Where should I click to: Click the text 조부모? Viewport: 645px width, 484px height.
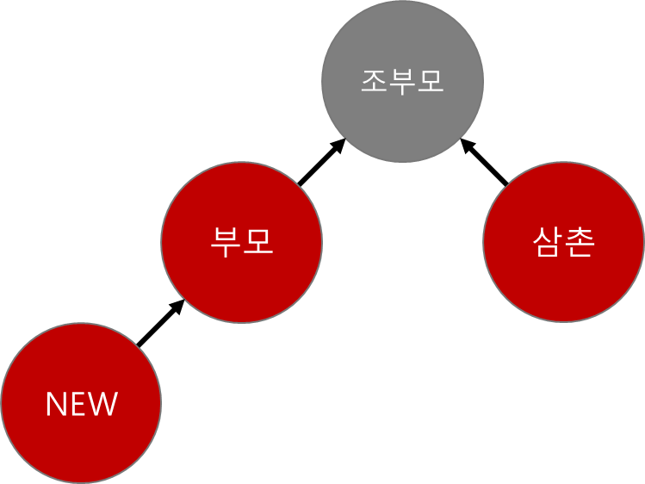[x=402, y=81]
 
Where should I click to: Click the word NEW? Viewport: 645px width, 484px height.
[x=81, y=404]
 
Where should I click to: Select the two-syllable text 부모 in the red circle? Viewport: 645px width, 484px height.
[x=242, y=242]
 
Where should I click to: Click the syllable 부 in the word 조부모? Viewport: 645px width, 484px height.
[x=402, y=81]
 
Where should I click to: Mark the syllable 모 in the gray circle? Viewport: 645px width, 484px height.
[x=430, y=81]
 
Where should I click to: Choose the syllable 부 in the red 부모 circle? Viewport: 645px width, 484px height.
[x=226, y=242]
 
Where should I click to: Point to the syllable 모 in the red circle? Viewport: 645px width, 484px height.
[x=258, y=242]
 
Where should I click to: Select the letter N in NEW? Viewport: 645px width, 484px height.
[x=56, y=404]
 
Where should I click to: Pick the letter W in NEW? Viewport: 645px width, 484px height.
[x=102, y=404]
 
